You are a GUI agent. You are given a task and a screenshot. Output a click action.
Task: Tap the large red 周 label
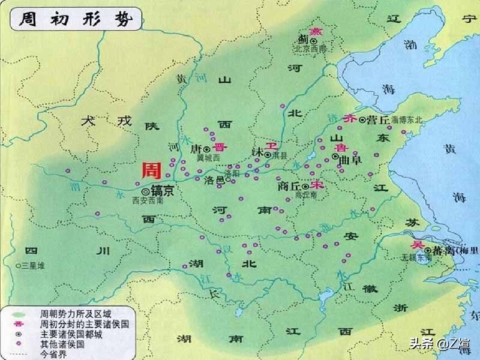(x=151, y=171)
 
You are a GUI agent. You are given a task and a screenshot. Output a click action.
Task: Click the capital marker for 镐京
(x=145, y=190)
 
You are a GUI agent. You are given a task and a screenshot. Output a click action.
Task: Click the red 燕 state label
(x=314, y=31)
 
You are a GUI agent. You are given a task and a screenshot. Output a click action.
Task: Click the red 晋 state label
(x=221, y=148)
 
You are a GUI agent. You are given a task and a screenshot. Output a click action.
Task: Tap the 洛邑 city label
(x=214, y=179)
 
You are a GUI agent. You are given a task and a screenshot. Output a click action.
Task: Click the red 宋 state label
(x=317, y=185)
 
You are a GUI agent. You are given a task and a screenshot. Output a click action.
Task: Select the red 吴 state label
(x=415, y=245)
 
